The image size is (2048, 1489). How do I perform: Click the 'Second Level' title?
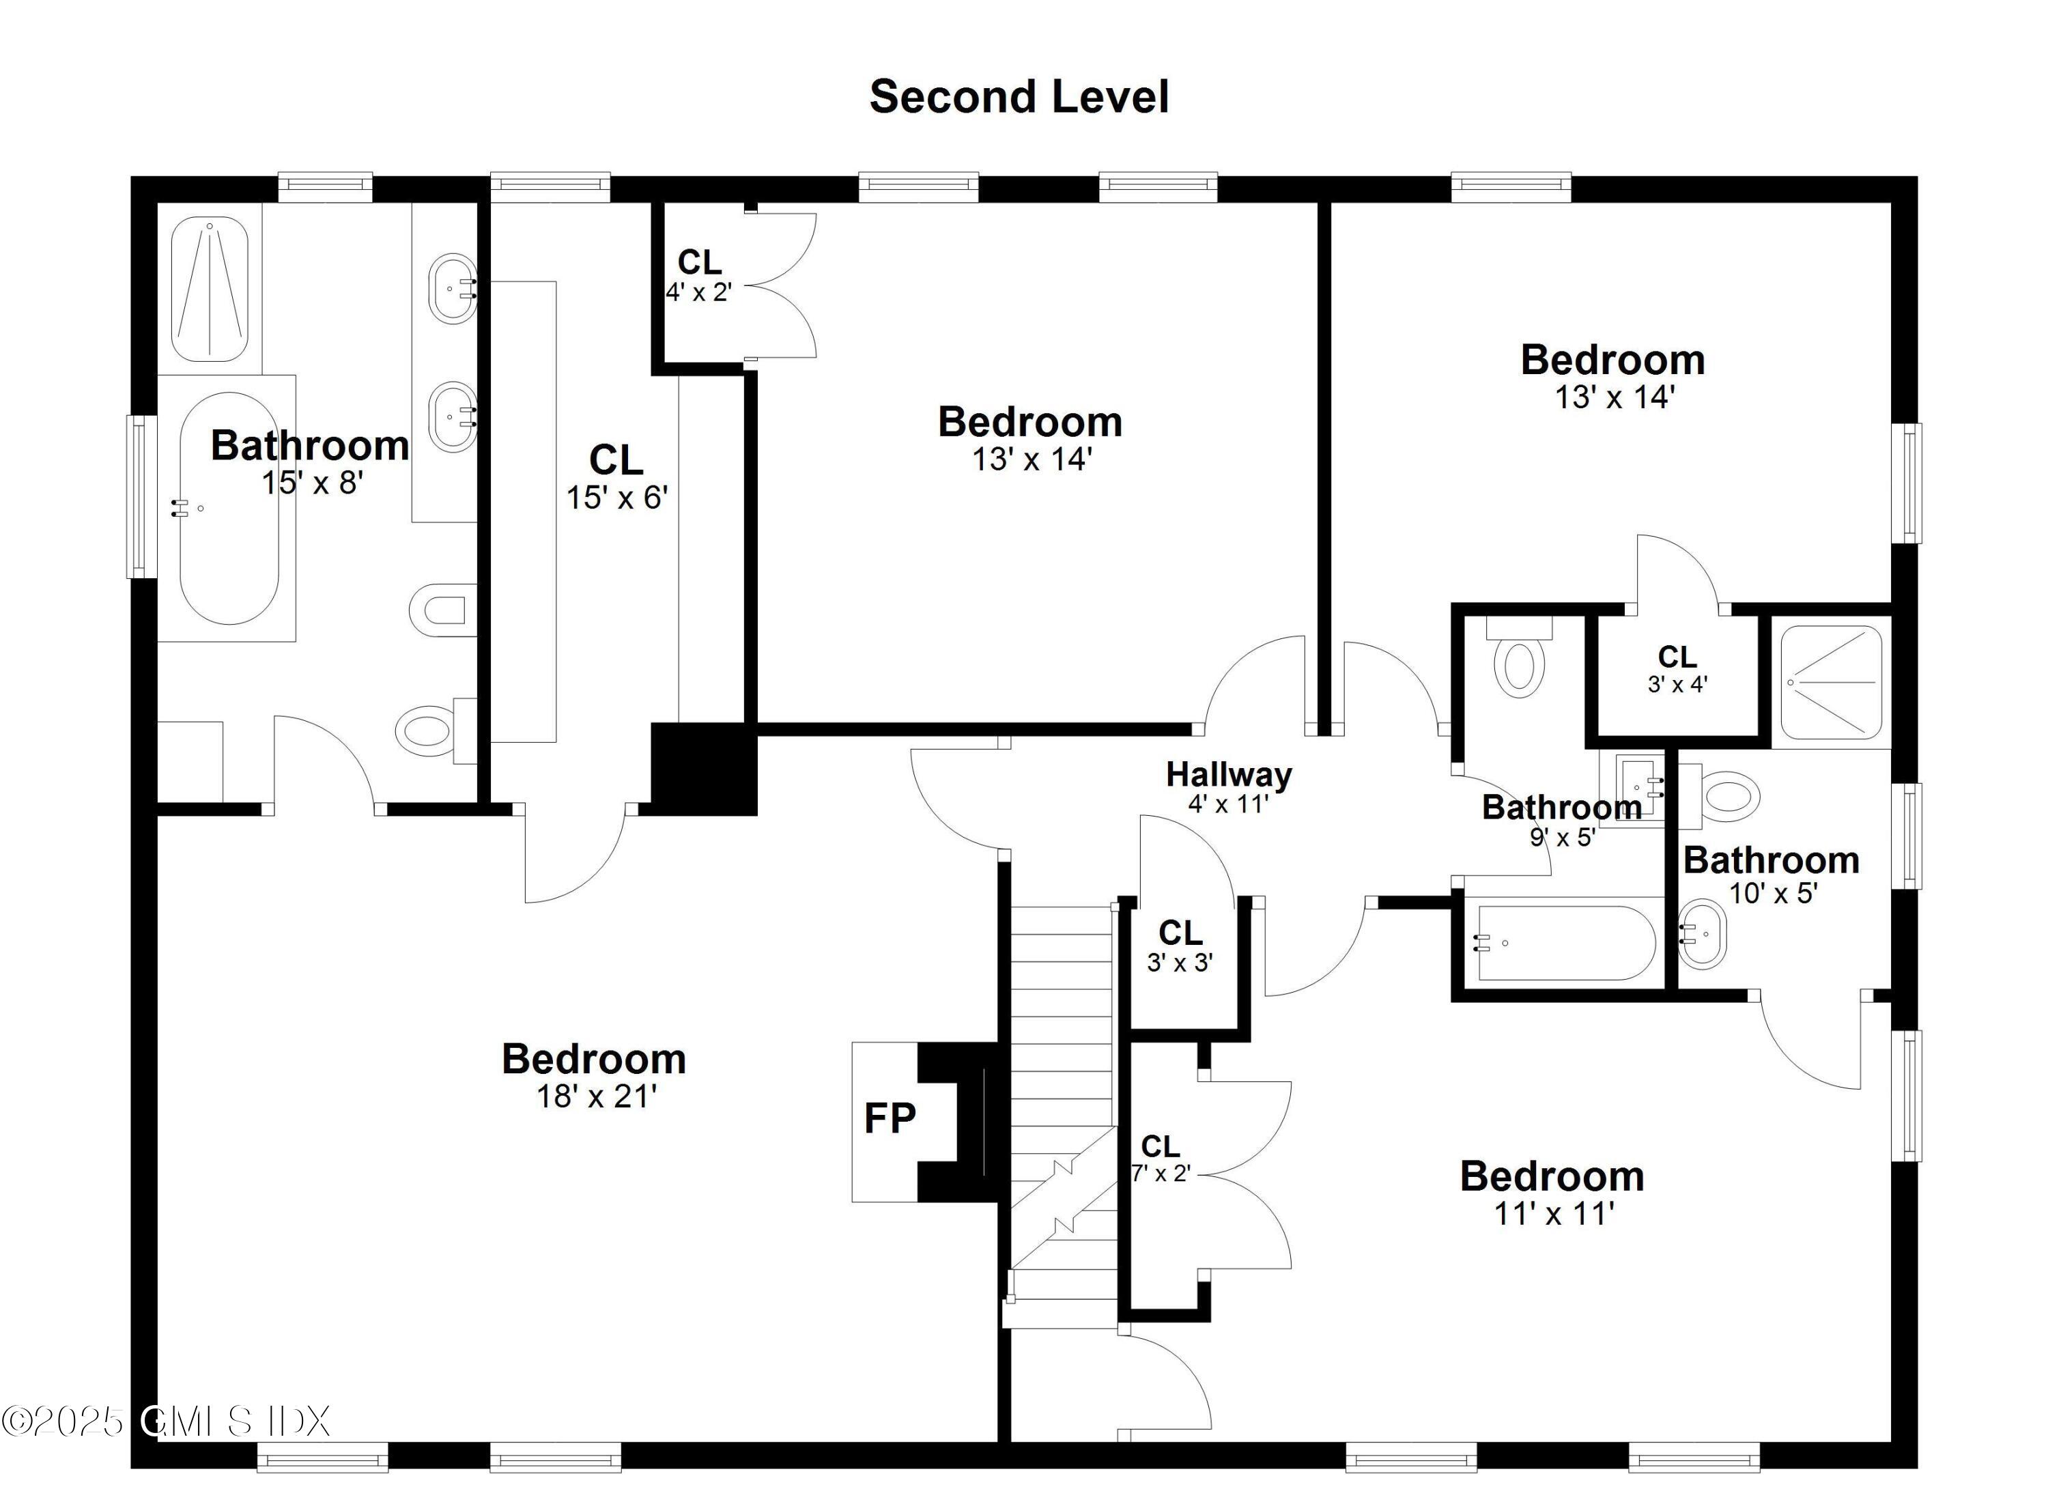[x=1019, y=97]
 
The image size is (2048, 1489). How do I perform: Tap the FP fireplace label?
[x=890, y=1119]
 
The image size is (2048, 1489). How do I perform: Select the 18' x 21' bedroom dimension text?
[x=596, y=1096]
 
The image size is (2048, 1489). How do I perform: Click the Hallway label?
[x=1228, y=775]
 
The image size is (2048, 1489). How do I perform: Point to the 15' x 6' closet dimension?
[x=616, y=498]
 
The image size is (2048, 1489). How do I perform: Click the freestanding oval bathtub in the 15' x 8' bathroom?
[x=229, y=509]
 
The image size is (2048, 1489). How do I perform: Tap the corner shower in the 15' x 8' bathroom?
[x=210, y=289]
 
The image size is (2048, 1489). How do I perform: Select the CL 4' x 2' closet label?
[x=699, y=274]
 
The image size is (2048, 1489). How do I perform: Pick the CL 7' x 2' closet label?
[x=1161, y=1159]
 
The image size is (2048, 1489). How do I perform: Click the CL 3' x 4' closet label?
[x=1677, y=668]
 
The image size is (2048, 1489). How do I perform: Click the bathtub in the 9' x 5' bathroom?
[x=1565, y=944]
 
